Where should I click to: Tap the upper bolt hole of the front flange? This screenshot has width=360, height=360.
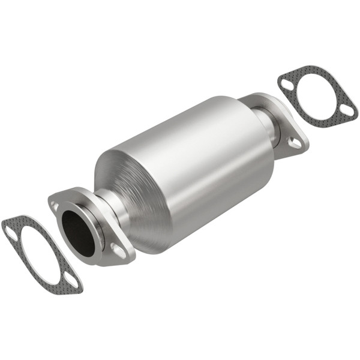[56, 205]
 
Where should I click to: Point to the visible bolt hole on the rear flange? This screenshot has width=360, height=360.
[295, 142]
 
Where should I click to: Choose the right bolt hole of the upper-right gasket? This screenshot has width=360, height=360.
[346, 110]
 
